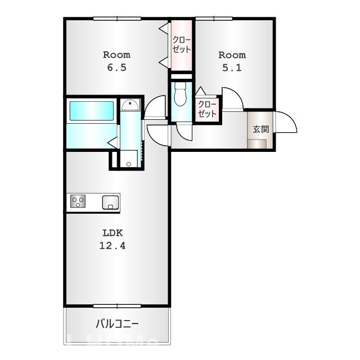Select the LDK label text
[x=112, y=232]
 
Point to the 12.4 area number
[x=112, y=245]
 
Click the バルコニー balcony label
[x=117, y=324]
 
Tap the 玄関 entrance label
[x=260, y=129]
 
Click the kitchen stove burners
[x=78, y=201]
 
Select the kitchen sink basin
[x=110, y=202]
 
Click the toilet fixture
[x=181, y=94]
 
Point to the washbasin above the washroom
[x=130, y=105]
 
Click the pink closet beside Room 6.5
[x=182, y=45]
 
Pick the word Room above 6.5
[x=116, y=55]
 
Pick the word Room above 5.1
[x=232, y=55]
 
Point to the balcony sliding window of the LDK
[x=117, y=306]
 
